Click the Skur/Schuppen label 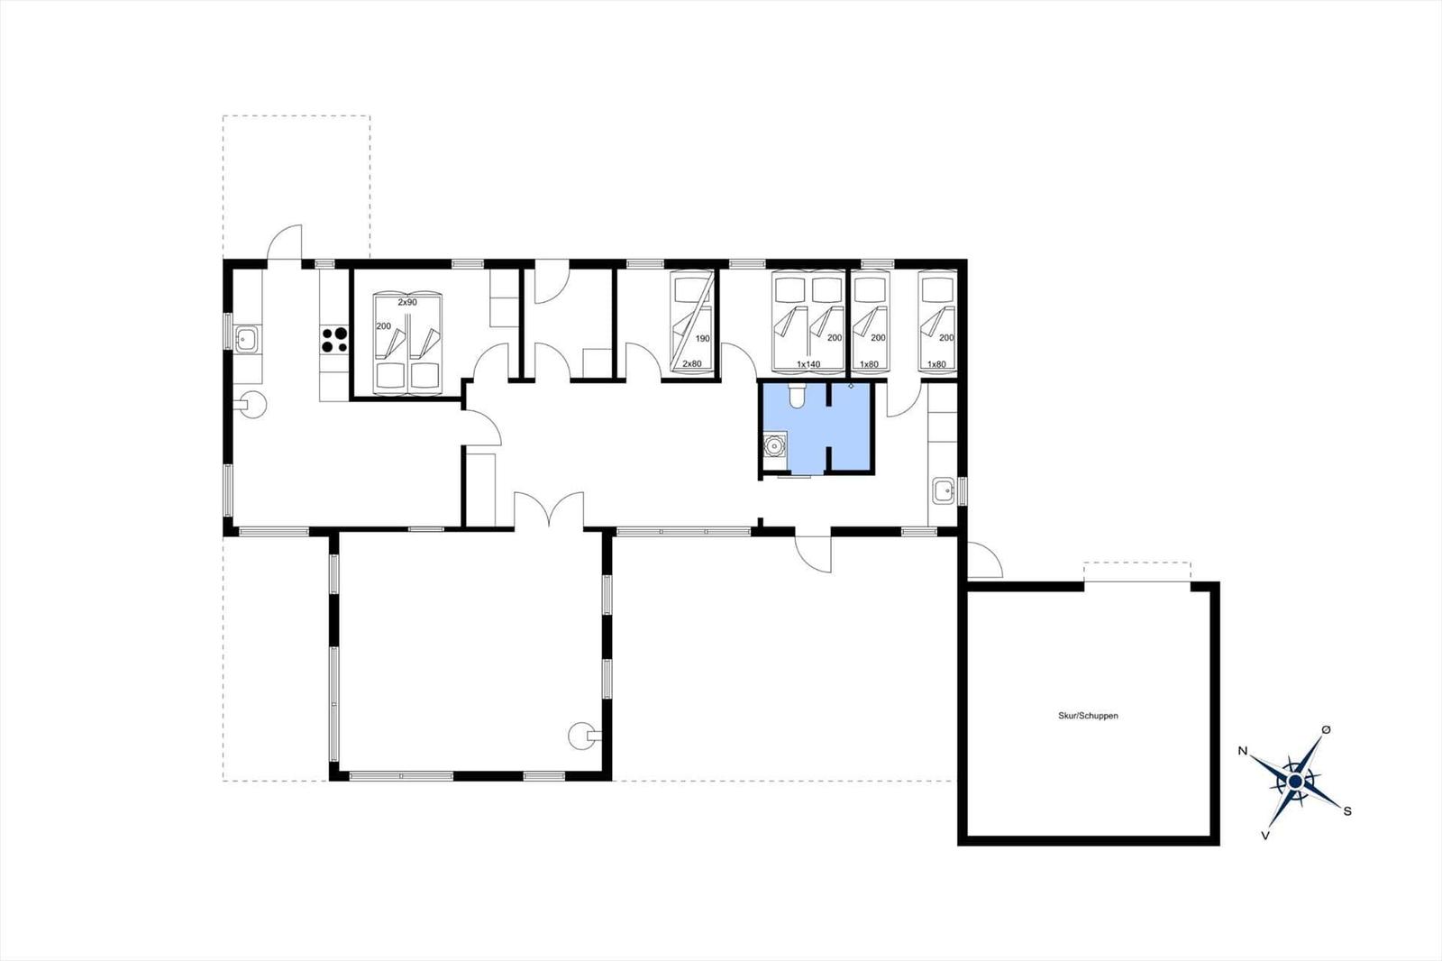[x=1088, y=716]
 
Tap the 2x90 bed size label [x=406, y=302]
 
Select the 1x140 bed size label [x=808, y=364]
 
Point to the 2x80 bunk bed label [x=692, y=364]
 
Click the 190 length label [x=702, y=338]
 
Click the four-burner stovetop [x=334, y=340]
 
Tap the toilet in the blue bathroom [x=797, y=395]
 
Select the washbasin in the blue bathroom [x=774, y=444]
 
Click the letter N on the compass [x=1243, y=751]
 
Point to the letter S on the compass [x=1346, y=811]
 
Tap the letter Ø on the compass [x=1326, y=730]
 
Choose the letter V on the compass [x=1265, y=836]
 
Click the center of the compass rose [x=1296, y=782]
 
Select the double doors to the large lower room [x=549, y=508]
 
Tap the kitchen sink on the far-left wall [x=247, y=339]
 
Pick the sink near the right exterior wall [x=944, y=491]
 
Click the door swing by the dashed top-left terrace [x=285, y=242]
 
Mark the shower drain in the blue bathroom [x=851, y=386]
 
